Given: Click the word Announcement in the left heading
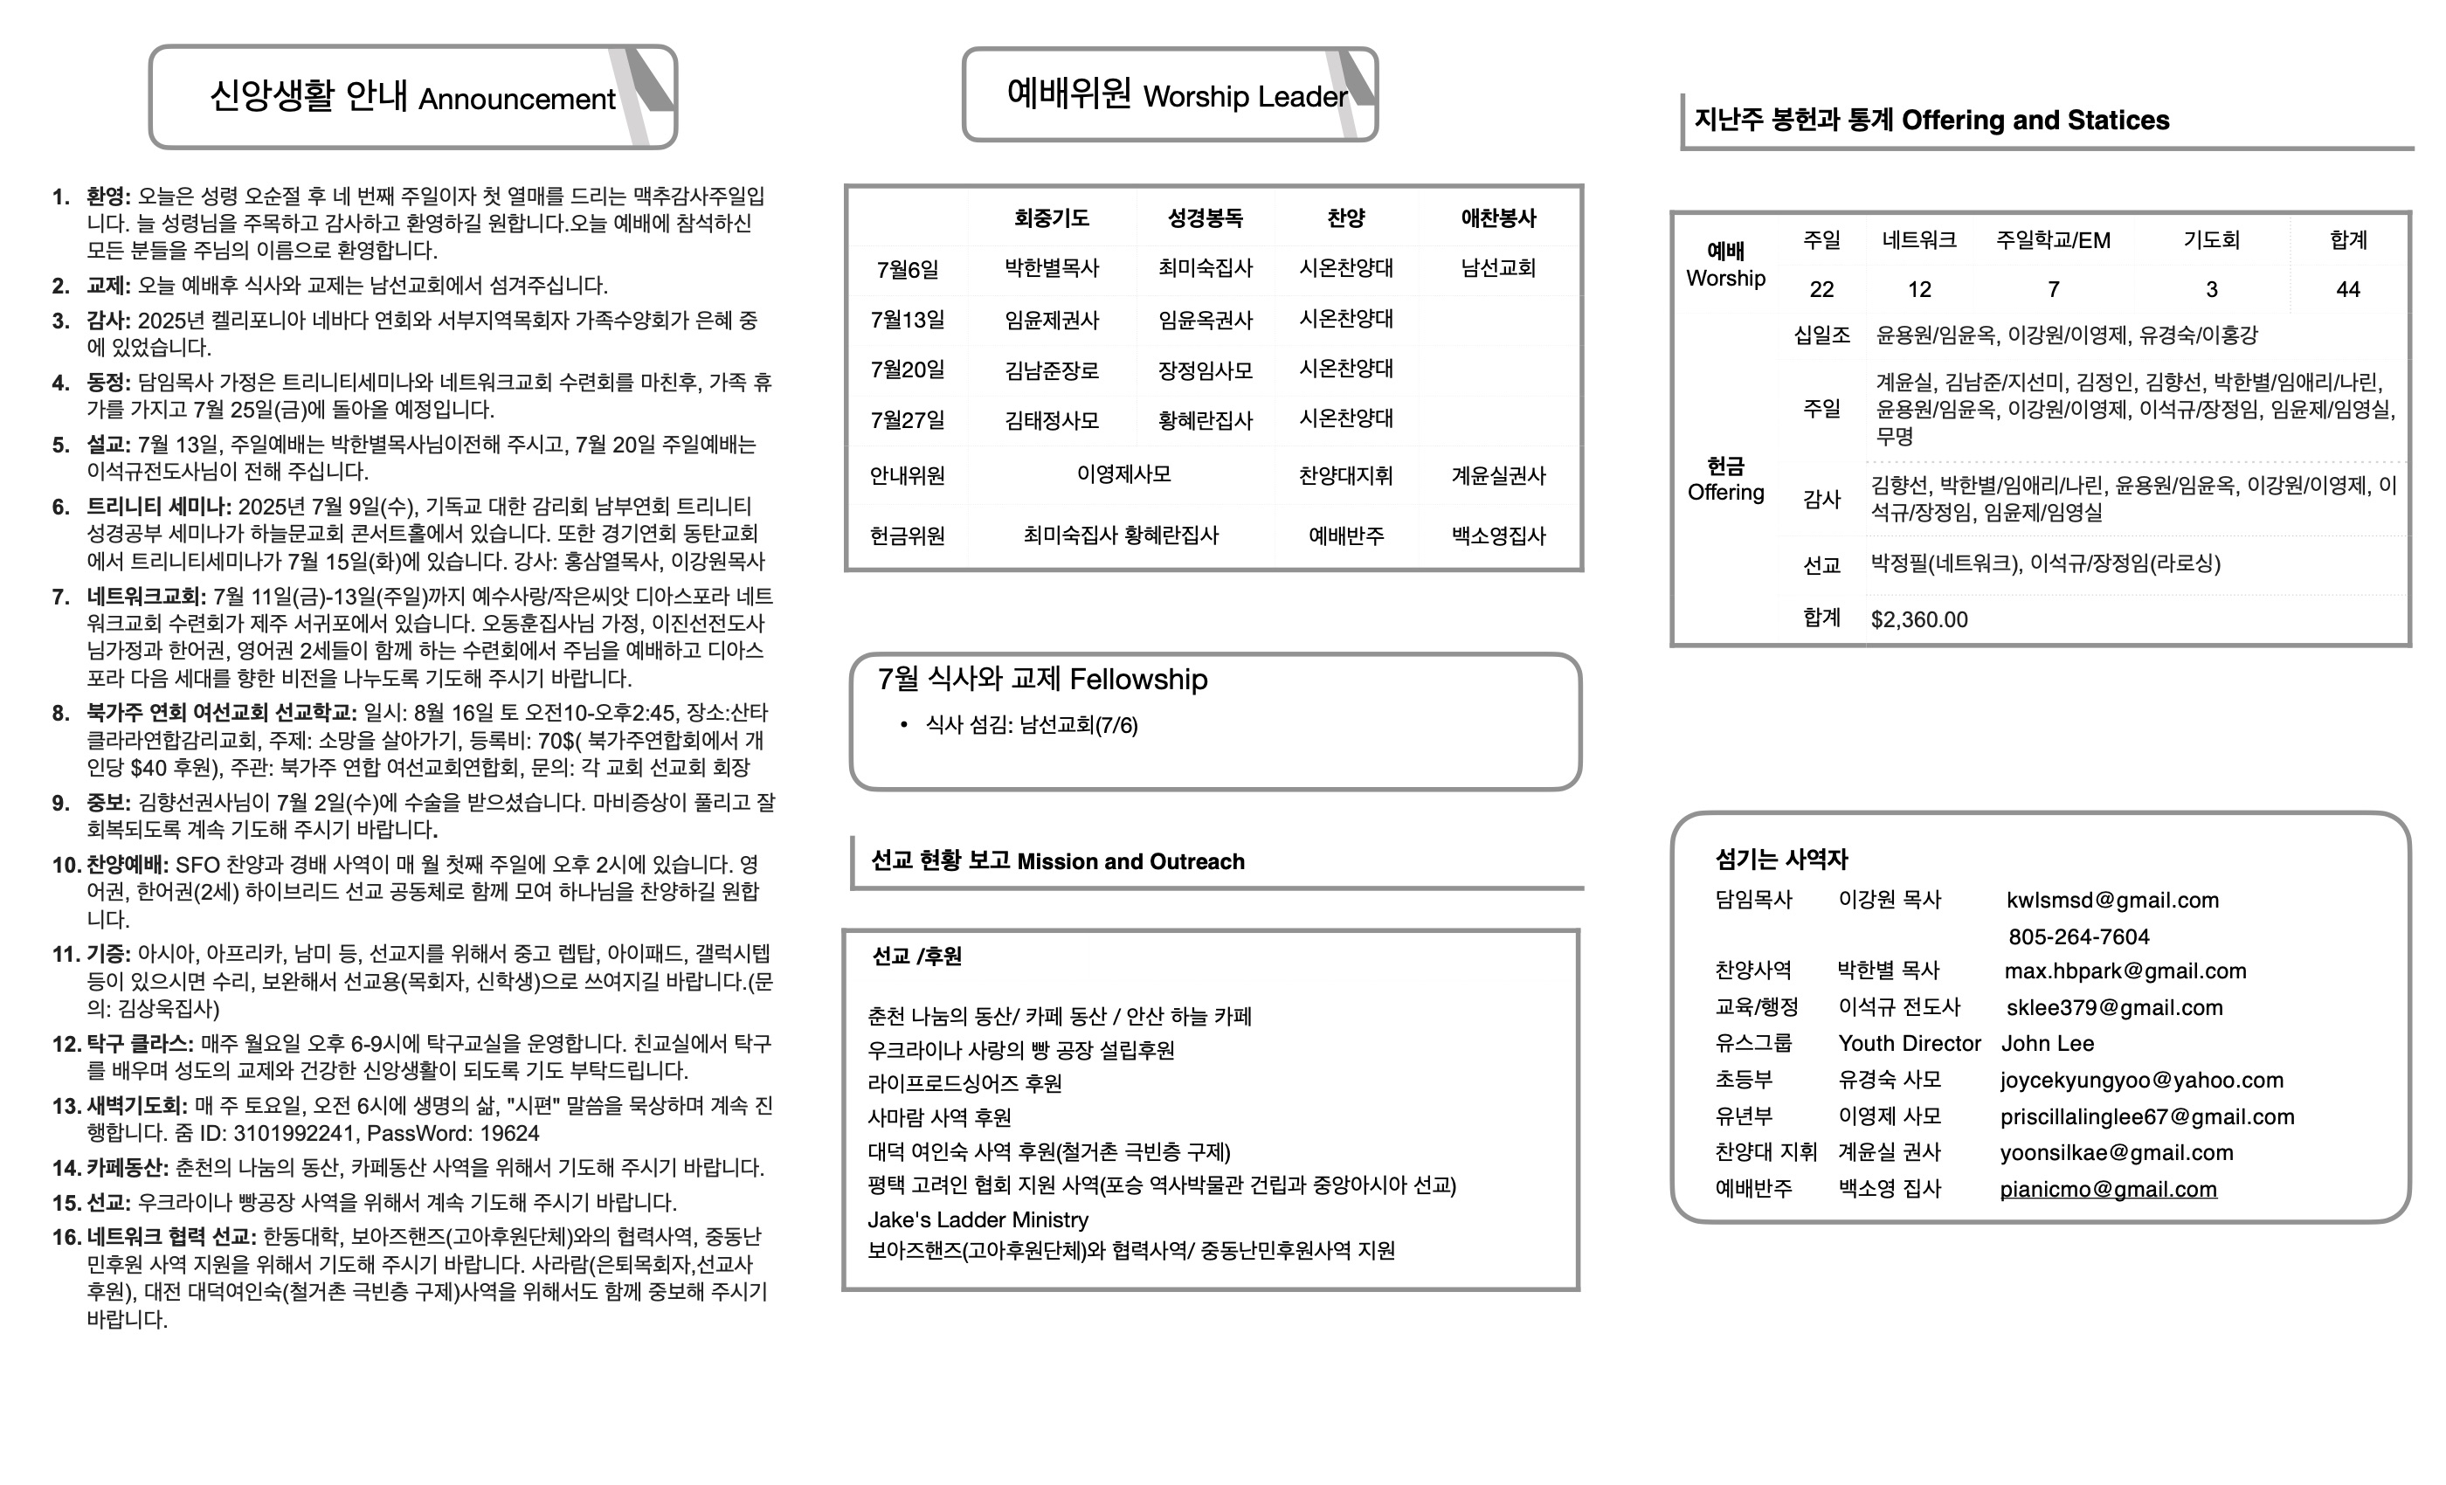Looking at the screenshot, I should [516, 100].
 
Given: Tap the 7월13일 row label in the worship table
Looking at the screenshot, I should [907, 320].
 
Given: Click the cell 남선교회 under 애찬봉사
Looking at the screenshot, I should [1498, 268].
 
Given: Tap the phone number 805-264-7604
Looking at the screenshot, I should [2079, 937].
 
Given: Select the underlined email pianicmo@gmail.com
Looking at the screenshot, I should [2107, 1189].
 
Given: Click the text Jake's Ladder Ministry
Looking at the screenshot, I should [977, 1220].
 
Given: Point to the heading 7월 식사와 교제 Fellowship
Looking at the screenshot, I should [1042, 680].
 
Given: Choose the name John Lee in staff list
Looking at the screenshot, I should [2047, 1043].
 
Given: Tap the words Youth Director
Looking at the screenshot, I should [1908, 1043].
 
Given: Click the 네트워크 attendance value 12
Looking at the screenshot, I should [1919, 290].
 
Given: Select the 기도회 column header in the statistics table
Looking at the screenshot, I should [2211, 240].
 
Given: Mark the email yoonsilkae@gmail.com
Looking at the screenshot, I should [2116, 1152].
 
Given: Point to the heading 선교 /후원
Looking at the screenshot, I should [916, 956].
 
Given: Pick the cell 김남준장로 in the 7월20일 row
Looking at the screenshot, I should [1051, 371].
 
